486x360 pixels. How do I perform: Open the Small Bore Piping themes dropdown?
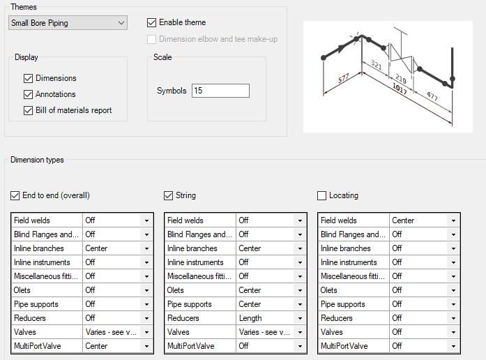click(68, 23)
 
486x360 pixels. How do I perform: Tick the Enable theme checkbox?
click(152, 22)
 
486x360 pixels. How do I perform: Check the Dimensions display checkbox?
click(29, 78)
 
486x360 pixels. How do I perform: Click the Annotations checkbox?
click(29, 94)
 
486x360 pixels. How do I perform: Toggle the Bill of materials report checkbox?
click(29, 110)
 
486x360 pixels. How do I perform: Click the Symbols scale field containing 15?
click(220, 91)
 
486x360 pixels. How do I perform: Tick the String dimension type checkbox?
click(169, 195)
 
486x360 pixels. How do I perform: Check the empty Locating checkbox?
click(322, 195)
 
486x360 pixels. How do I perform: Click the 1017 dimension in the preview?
click(401, 89)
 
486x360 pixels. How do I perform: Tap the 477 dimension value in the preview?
click(432, 96)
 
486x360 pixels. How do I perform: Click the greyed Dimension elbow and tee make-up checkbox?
click(152, 39)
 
